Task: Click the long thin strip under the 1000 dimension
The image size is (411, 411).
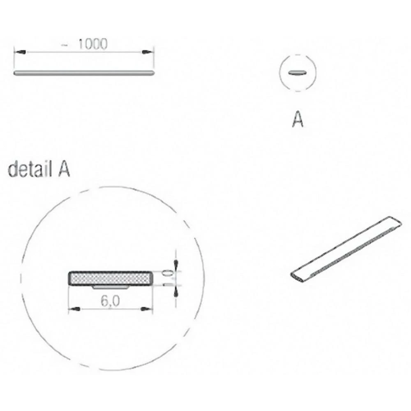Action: point(84,73)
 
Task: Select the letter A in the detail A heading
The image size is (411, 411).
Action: point(62,169)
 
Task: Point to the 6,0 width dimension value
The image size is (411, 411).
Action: point(109,302)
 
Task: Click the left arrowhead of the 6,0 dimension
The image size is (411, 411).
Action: point(74,309)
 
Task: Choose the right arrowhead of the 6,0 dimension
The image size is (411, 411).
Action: point(145,309)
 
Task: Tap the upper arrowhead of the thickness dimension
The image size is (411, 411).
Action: point(176,264)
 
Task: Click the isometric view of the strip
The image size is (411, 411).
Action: point(346,248)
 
